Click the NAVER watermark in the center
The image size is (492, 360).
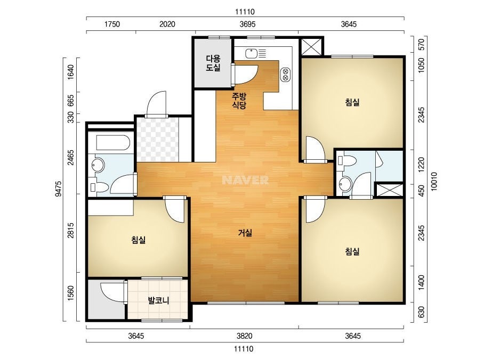245,180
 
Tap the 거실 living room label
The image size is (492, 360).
245,233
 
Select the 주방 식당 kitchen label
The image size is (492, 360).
239,100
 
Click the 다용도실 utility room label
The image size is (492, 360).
213,63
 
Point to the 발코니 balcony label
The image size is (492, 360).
158,300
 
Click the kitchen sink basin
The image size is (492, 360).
252,54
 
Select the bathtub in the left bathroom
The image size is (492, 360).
113,143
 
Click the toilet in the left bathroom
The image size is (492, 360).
99,187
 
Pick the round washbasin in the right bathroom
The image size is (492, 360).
345,184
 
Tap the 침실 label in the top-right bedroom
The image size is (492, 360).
352,102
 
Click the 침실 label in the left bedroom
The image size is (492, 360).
139,240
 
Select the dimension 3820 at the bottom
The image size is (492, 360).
245,336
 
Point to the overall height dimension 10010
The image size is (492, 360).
434,181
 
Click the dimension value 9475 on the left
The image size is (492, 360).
58,189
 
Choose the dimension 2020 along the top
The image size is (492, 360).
167,24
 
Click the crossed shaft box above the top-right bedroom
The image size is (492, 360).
311,47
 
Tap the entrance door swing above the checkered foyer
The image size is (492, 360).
156,103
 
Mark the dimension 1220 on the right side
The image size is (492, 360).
422,165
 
